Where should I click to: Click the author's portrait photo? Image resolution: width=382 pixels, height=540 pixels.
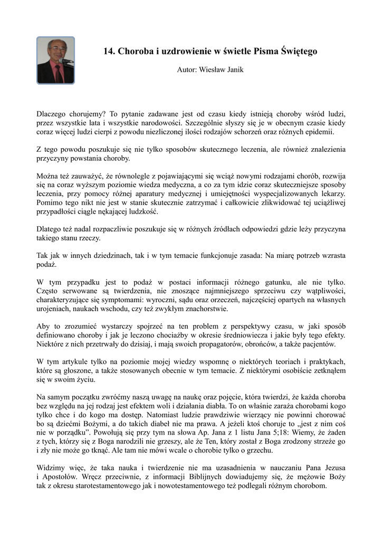tap(55, 60)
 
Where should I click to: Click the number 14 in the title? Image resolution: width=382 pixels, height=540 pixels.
tap(109, 51)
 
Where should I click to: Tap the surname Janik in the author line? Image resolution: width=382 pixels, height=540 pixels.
tap(234, 70)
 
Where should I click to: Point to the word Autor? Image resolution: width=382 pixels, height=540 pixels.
tap(186, 70)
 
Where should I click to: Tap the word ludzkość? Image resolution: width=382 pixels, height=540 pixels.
tap(142, 212)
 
